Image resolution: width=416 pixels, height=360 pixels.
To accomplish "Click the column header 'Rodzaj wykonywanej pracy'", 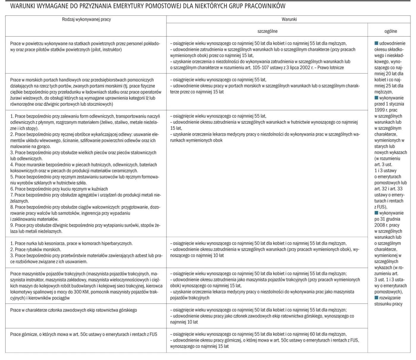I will pyautogui.click(x=86, y=19).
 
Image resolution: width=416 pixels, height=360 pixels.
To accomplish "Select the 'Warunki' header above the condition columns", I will pyautogui.click(x=289, y=19).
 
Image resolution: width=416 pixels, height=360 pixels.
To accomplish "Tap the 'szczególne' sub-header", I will pyautogui.click(x=267, y=31).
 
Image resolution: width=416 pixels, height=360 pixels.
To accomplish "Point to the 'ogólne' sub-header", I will pyautogui.click(x=390, y=31).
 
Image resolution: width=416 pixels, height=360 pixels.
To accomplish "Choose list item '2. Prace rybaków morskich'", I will pyautogui.click(x=35, y=249).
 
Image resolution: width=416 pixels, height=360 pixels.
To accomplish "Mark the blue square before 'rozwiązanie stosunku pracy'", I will pyautogui.click(x=376, y=298).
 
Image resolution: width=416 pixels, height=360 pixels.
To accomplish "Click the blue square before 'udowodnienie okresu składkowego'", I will pyautogui.click(x=376, y=43).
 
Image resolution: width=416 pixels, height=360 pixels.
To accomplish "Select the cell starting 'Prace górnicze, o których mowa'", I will pyautogui.click(x=83, y=334).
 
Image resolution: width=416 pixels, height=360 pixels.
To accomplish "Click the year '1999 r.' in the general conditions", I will pyautogui.click(x=382, y=110).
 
